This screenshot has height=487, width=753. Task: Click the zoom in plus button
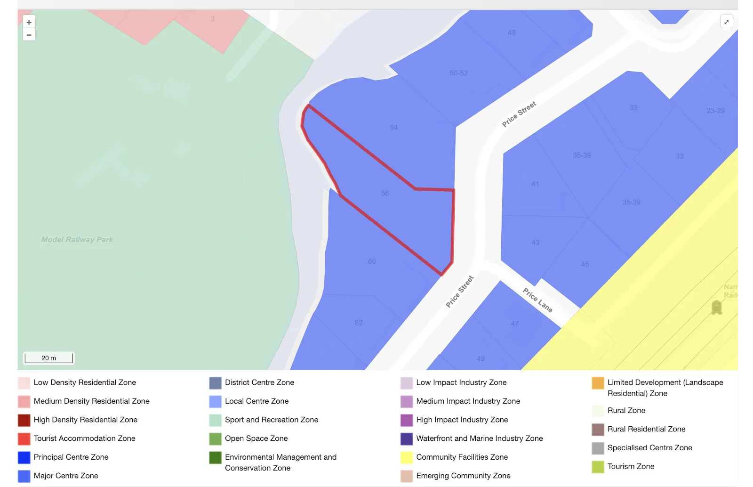pyautogui.click(x=29, y=22)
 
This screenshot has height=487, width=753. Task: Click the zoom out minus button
pyautogui.click(x=29, y=35)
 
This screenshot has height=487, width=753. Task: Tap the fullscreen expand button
pyautogui.click(x=726, y=22)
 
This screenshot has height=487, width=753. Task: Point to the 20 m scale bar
pyautogui.click(x=49, y=358)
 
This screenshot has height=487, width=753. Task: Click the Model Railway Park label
pyautogui.click(x=77, y=240)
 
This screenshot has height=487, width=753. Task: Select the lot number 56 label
pyautogui.click(x=385, y=193)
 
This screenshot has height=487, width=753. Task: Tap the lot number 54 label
pyautogui.click(x=394, y=128)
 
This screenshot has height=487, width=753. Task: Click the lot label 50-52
pyautogui.click(x=458, y=73)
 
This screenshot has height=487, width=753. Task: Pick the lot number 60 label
pyautogui.click(x=372, y=261)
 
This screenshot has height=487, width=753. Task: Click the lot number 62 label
pyautogui.click(x=359, y=323)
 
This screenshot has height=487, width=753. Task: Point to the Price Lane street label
pyautogui.click(x=537, y=300)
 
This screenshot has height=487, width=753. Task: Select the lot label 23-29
pyautogui.click(x=715, y=111)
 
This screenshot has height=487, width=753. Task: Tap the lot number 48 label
pyautogui.click(x=512, y=33)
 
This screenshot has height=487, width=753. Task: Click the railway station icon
pyautogui.click(x=716, y=308)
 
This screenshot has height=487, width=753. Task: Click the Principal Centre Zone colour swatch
pyautogui.click(x=24, y=457)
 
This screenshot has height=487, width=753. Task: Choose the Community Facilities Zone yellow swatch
pyautogui.click(x=407, y=457)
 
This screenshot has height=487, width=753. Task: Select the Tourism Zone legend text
pyautogui.click(x=631, y=466)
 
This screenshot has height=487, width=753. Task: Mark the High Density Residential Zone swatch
pyautogui.click(x=24, y=420)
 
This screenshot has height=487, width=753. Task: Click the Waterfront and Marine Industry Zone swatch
pyautogui.click(x=407, y=438)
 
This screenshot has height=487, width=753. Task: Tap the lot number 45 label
pyautogui.click(x=585, y=264)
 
